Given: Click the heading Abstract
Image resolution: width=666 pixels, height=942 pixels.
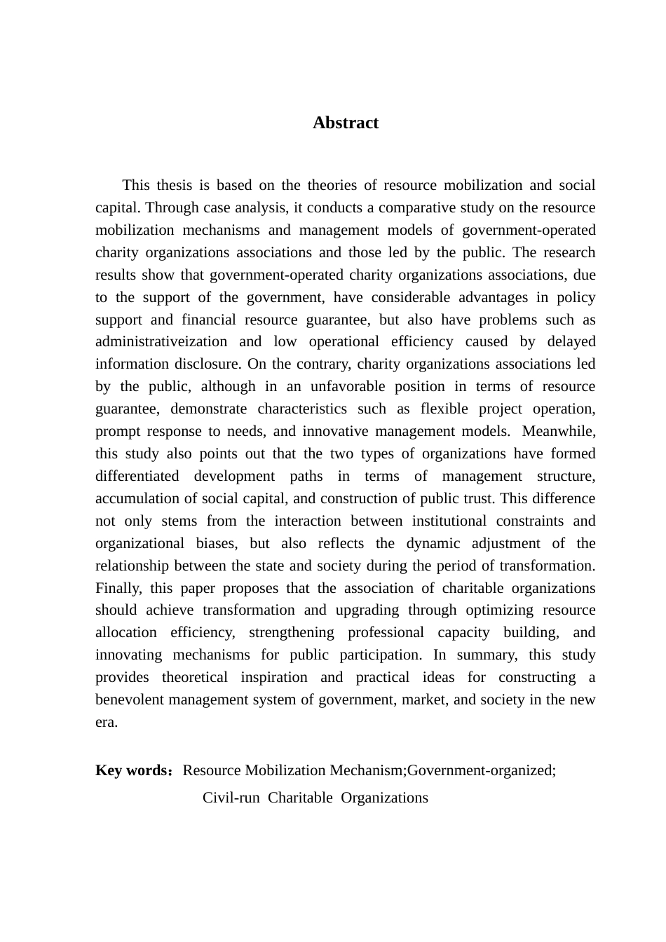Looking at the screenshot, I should pos(346,123).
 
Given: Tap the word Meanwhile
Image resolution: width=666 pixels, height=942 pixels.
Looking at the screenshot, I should pos(558,431).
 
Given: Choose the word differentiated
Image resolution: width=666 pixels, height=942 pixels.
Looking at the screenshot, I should pos(137,476).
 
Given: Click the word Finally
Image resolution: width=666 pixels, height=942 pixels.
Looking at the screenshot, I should pos(116,588).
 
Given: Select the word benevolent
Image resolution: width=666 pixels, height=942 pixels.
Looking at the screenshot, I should pos(128,699).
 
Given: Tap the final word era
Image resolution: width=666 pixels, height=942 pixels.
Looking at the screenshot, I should pos(106,722).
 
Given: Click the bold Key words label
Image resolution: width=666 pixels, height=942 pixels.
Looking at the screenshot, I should pos(131,770).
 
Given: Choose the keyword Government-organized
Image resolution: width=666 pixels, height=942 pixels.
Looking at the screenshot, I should pos(481,770).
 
